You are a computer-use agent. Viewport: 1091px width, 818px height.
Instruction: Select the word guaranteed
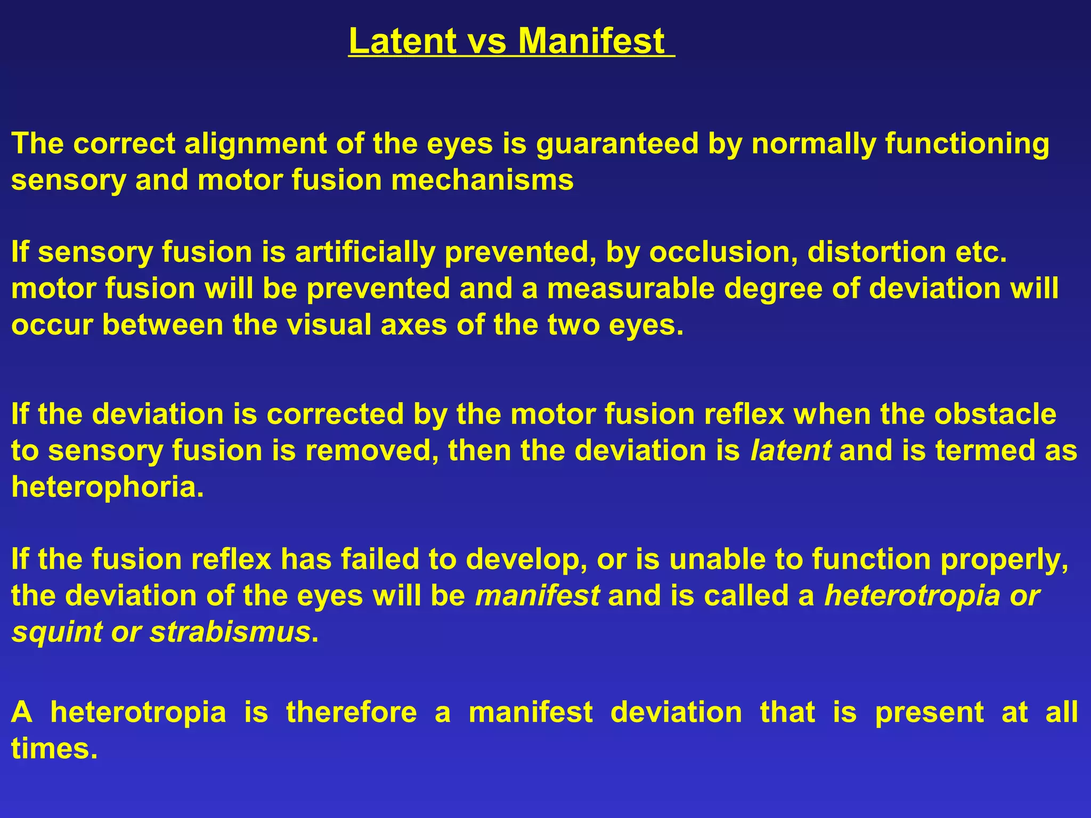[x=617, y=144]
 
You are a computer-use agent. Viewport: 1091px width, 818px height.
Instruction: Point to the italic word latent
[x=791, y=451]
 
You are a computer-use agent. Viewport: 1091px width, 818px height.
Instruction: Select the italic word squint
[x=57, y=632]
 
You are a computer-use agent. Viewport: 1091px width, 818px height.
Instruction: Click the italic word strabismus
[x=230, y=632]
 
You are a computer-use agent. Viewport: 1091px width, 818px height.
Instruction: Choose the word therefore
[x=351, y=712]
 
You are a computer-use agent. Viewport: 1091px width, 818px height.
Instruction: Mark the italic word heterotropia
[x=913, y=596]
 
